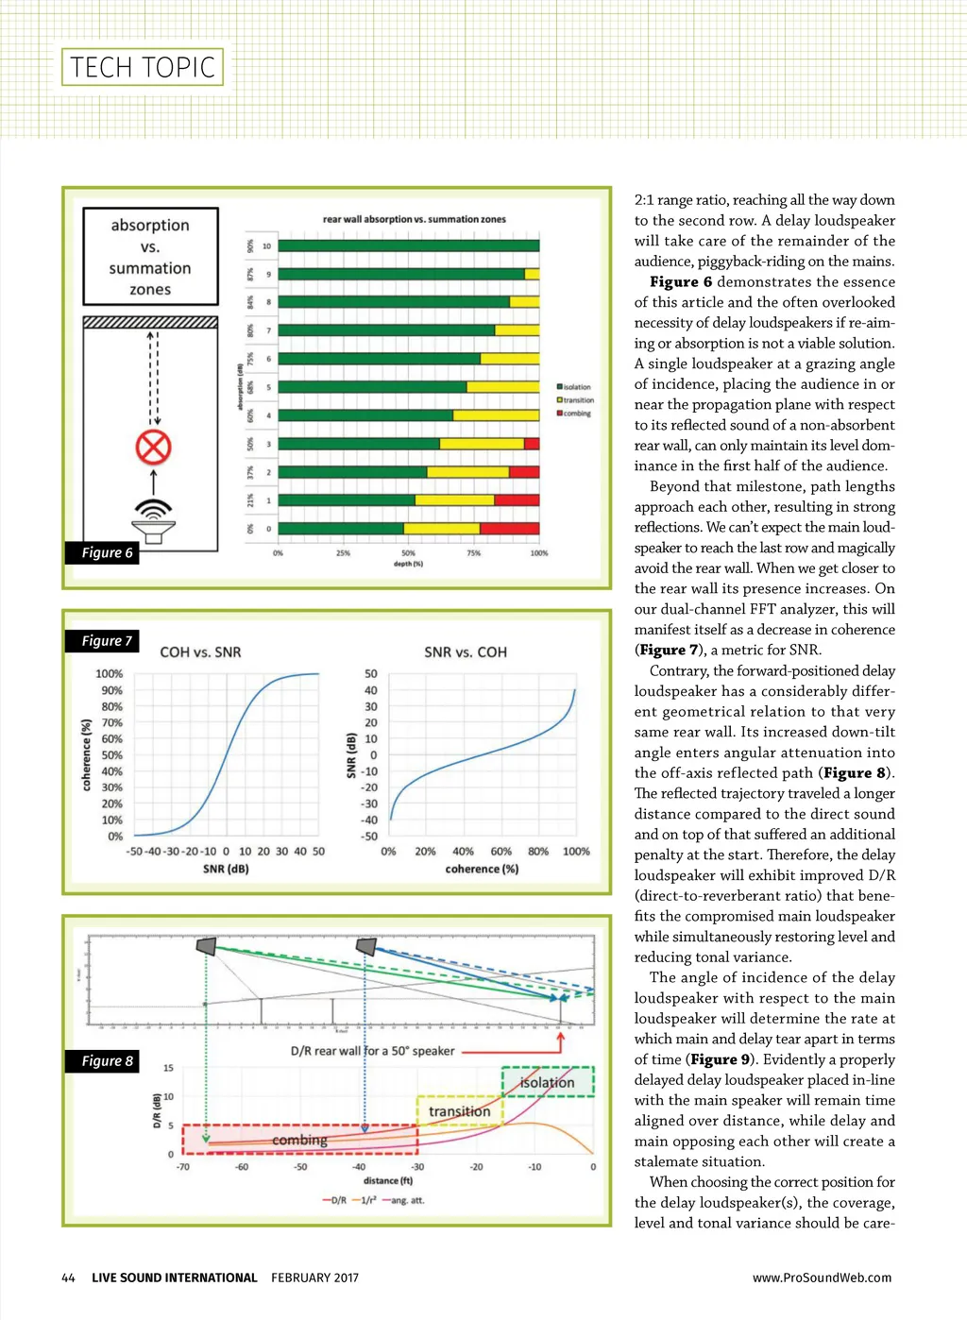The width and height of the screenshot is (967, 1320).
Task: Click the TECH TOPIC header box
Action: [x=143, y=67]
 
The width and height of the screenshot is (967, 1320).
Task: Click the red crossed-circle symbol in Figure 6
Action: [x=153, y=447]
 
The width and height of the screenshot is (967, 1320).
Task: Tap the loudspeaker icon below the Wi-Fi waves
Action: [x=153, y=524]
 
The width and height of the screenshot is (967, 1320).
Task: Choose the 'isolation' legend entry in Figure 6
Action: [x=575, y=387]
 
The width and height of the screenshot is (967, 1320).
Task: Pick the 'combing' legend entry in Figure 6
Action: [x=575, y=414]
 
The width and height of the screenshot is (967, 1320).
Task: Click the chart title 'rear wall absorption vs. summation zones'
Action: [x=414, y=219]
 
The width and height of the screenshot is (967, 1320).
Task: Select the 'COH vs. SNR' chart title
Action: [x=200, y=652]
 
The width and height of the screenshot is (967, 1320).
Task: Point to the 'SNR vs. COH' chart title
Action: [x=465, y=652]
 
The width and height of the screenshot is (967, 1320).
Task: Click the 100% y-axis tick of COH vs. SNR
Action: [x=109, y=673]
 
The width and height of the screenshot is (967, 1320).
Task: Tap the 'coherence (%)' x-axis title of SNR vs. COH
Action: [x=482, y=869]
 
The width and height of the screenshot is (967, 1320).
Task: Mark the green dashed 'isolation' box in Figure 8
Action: [x=548, y=1082]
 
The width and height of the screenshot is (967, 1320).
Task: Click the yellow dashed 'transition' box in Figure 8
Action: [x=460, y=1111]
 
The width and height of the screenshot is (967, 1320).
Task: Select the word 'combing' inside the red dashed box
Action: [x=299, y=1140]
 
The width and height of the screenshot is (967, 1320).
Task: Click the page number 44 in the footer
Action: [x=68, y=1278]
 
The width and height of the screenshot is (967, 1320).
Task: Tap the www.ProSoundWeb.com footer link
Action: [x=822, y=1278]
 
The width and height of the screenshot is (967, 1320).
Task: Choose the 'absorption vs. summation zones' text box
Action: [x=150, y=257]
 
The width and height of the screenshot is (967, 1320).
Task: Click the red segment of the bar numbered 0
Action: [x=517, y=529]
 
